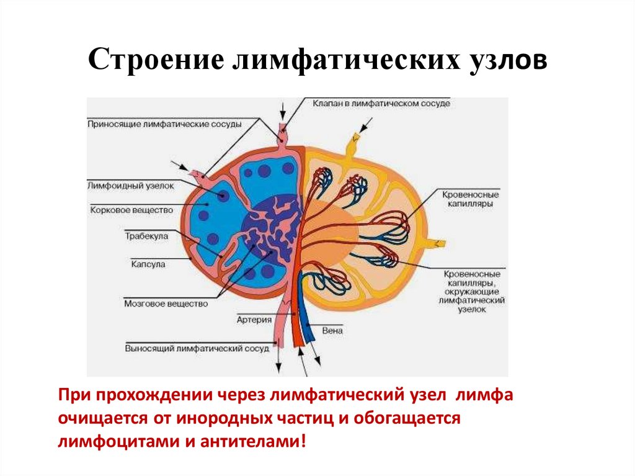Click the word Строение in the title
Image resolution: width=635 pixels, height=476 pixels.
pyautogui.click(x=155, y=62)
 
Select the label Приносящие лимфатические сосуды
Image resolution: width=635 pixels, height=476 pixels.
pyautogui.click(x=164, y=124)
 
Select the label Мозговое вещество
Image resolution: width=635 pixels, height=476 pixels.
pyautogui.click(x=166, y=304)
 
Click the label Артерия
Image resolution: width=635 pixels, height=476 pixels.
pyautogui.click(x=254, y=320)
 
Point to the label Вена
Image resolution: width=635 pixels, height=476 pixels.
pyautogui.click(x=332, y=331)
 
